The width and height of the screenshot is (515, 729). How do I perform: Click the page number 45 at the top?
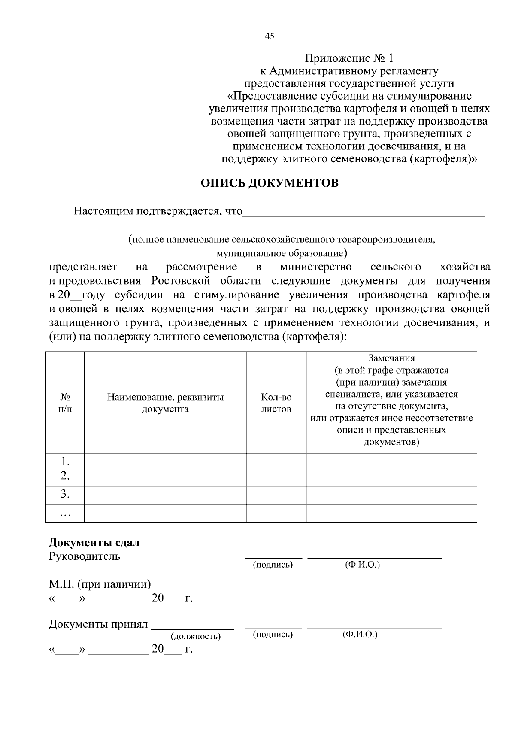pyautogui.click(x=270, y=36)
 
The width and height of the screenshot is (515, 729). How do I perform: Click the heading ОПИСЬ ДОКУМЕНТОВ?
pyautogui.click(x=270, y=183)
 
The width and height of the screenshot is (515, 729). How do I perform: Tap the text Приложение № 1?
pyautogui.click(x=348, y=58)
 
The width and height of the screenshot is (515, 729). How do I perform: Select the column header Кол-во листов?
pyautogui.click(x=276, y=403)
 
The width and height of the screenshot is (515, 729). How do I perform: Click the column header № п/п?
pyautogui.click(x=65, y=403)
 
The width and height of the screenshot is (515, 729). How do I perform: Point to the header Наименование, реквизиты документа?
pyautogui.click(x=165, y=403)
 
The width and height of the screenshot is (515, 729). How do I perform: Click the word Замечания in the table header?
pyautogui.click(x=391, y=358)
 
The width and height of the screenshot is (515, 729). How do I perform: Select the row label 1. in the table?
pyautogui.click(x=65, y=462)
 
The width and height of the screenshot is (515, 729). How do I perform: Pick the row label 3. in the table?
pyautogui.click(x=65, y=494)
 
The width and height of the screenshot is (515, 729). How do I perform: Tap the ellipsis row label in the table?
pyautogui.click(x=65, y=513)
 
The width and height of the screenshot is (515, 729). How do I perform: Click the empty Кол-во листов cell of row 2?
pyautogui.click(x=276, y=477)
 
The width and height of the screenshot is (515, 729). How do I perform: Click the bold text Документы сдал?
pyautogui.click(x=94, y=542)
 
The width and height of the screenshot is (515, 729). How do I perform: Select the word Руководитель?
pyautogui.click(x=85, y=556)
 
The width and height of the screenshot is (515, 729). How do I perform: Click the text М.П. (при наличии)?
pyautogui.click(x=100, y=584)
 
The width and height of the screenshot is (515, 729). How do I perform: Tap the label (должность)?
pyautogui.click(x=196, y=636)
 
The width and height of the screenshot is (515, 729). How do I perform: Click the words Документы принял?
pyautogui.click(x=98, y=624)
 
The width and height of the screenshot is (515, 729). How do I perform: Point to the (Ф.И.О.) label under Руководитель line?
pyautogui.click(x=362, y=565)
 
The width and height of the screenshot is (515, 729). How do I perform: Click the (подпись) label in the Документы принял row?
pyautogui.click(x=273, y=634)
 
